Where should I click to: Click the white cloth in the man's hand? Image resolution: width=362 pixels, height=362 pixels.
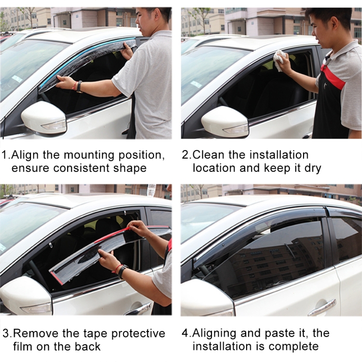click(280, 60)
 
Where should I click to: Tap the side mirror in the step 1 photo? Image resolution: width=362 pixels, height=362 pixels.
click(44, 118)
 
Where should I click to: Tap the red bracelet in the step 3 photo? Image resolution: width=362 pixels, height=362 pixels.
click(117, 268)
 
